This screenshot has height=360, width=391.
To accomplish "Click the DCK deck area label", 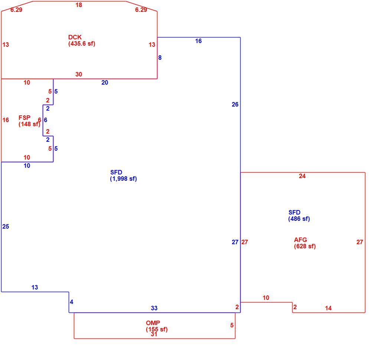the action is [82, 40].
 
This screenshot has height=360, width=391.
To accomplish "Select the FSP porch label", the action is [29, 121].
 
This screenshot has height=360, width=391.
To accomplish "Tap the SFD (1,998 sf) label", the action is [123, 176].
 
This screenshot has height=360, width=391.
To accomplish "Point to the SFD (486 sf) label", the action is [299, 216].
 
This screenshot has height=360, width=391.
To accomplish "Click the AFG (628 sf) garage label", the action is [305, 243].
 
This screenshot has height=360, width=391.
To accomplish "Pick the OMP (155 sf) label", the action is [157, 326].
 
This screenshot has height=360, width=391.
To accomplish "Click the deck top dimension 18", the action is [79, 5].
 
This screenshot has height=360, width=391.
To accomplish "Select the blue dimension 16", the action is [199, 41].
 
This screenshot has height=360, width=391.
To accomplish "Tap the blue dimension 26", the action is [235, 104].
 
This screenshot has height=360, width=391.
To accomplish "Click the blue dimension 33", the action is [154, 308].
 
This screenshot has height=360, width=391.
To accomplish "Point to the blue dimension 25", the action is [6, 226].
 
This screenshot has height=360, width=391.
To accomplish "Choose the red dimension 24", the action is [302, 176].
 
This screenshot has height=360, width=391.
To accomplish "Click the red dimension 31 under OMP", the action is [154, 334].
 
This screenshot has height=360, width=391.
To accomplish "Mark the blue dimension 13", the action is [35, 288].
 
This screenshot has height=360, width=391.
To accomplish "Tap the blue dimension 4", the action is [72, 302].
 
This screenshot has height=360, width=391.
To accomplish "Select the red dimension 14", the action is [328, 308].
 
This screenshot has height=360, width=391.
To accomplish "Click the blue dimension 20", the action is [105, 82].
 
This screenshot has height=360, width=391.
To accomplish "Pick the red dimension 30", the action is [79, 74].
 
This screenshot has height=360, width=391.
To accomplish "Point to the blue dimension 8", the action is [160, 58].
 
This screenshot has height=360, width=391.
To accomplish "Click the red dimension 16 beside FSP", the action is [6, 120].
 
